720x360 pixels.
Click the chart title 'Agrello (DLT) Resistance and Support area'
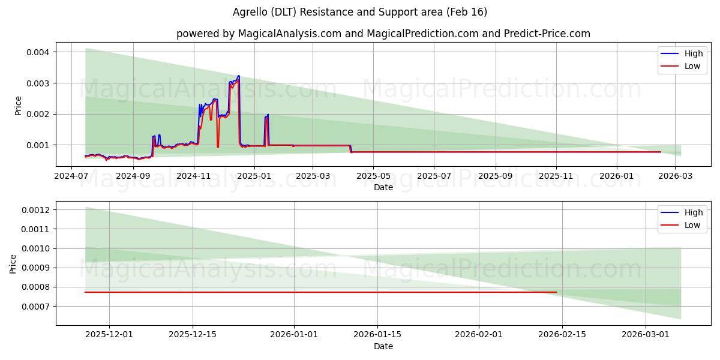tap(359, 12)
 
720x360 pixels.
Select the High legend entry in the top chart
tap(693, 53)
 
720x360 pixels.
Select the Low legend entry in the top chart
tap(692, 66)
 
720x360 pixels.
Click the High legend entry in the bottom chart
tap(693, 212)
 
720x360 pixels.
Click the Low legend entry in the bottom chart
tap(692, 225)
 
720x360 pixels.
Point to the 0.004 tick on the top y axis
tap(37, 52)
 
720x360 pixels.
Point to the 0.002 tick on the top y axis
tap(37, 114)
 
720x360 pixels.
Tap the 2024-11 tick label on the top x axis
tap(193, 176)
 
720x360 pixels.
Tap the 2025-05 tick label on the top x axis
tap(373, 176)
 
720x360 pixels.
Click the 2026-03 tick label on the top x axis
tap(676, 176)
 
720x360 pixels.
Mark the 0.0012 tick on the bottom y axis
tap(35, 210)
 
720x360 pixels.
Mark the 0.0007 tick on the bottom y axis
tap(35, 307)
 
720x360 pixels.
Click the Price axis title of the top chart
tap(18, 106)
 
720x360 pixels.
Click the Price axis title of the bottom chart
tap(13, 264)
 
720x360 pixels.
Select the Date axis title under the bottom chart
tap(383, 346)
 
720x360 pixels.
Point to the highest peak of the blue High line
tap(239, 76)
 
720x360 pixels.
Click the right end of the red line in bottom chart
tap(556, 292)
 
